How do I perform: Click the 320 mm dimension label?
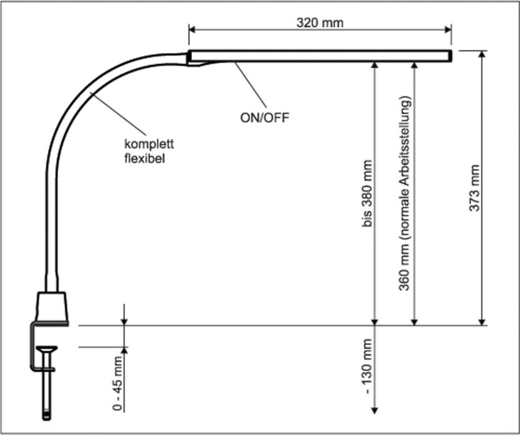(x=319, y=23)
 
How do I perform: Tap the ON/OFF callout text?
(x=264, y=116)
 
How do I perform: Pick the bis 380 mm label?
(x=368, y=194)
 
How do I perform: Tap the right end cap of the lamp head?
(x=449, y=56)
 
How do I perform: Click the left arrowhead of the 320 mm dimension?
(x=192, y=30)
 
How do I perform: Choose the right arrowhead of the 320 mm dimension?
(x=448, y=30)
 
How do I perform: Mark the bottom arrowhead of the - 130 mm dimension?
(x=374, y=410)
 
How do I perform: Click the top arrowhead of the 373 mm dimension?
(x=483, y=54)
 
